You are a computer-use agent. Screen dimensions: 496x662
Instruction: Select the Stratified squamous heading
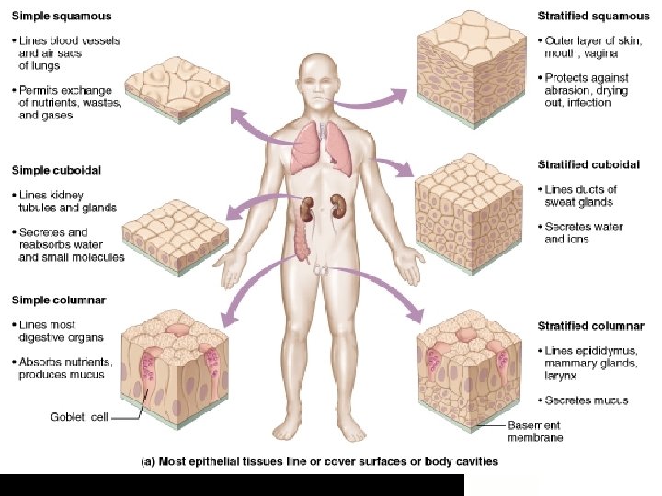(593, 17)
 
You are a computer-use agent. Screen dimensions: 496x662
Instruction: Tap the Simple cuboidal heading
(55, 170)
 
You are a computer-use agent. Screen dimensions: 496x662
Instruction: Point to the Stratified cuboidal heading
(589, 165)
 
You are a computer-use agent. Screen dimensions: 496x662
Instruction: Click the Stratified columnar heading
(590, 326)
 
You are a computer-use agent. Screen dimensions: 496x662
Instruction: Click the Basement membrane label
(536, 431)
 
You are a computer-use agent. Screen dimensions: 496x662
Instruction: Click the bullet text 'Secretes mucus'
(586, 400)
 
